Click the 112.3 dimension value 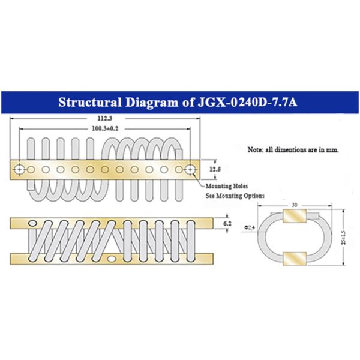[x=106, y=119]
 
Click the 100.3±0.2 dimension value [x=106, y=129]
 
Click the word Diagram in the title [x=150, y=101]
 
